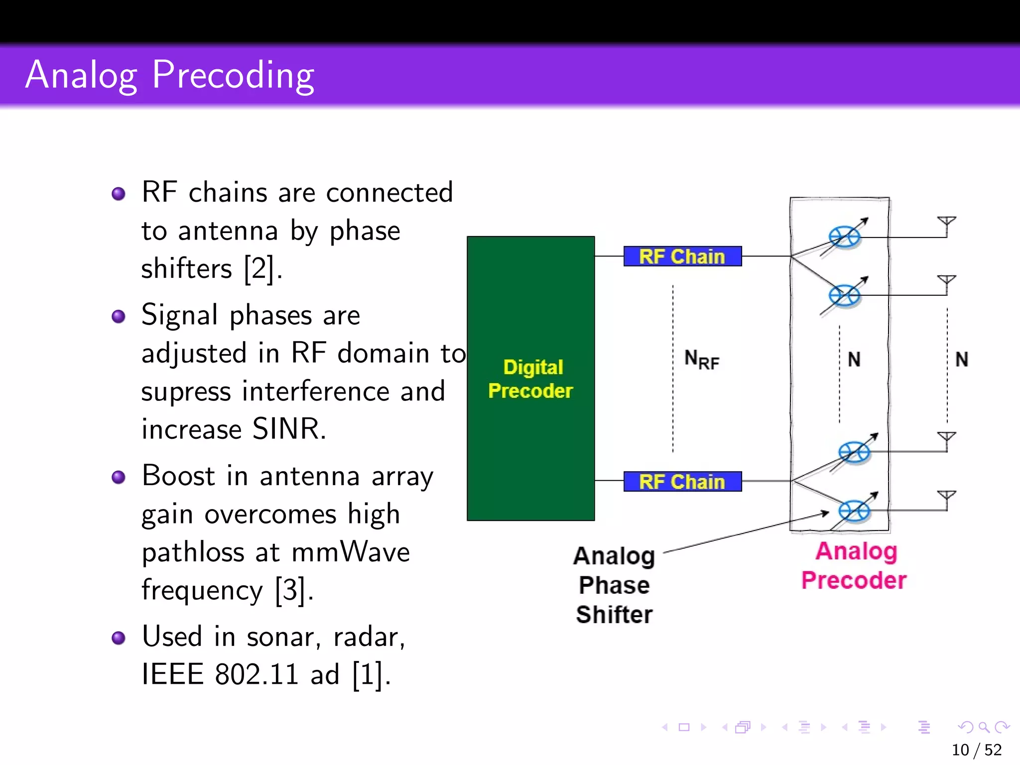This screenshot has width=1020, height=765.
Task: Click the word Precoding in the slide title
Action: (x=233, y=75)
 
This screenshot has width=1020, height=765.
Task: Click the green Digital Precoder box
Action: (x=530, y=379)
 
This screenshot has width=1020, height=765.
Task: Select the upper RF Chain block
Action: (x=682, y=256)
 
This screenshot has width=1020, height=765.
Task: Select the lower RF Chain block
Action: (x=682, y=482)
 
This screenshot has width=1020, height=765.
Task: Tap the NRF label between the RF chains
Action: (x=701, y=359)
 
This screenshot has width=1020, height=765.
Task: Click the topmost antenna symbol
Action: (x=946, y=225)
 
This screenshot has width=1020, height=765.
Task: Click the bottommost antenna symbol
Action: (x=946, y=499)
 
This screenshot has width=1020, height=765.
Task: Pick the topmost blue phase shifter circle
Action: (x=844, y=237)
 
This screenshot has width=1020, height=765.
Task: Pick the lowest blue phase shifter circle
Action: (x=854, y=511)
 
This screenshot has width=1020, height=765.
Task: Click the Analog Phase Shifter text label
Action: (x=614, y=585)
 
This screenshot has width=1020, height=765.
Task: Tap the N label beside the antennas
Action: (x=962, y=359)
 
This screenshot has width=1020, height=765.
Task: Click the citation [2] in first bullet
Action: (x=259, y=269)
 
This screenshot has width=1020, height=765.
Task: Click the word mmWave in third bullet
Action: (x=350, y=552)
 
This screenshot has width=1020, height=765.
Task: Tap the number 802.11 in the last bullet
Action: (x=257, y=675)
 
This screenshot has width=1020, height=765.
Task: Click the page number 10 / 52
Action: (x=976, y=750)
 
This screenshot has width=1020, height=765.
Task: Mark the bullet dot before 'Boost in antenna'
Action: (x=119, y=477)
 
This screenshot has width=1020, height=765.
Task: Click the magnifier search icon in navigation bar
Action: (x=984, y=727)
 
